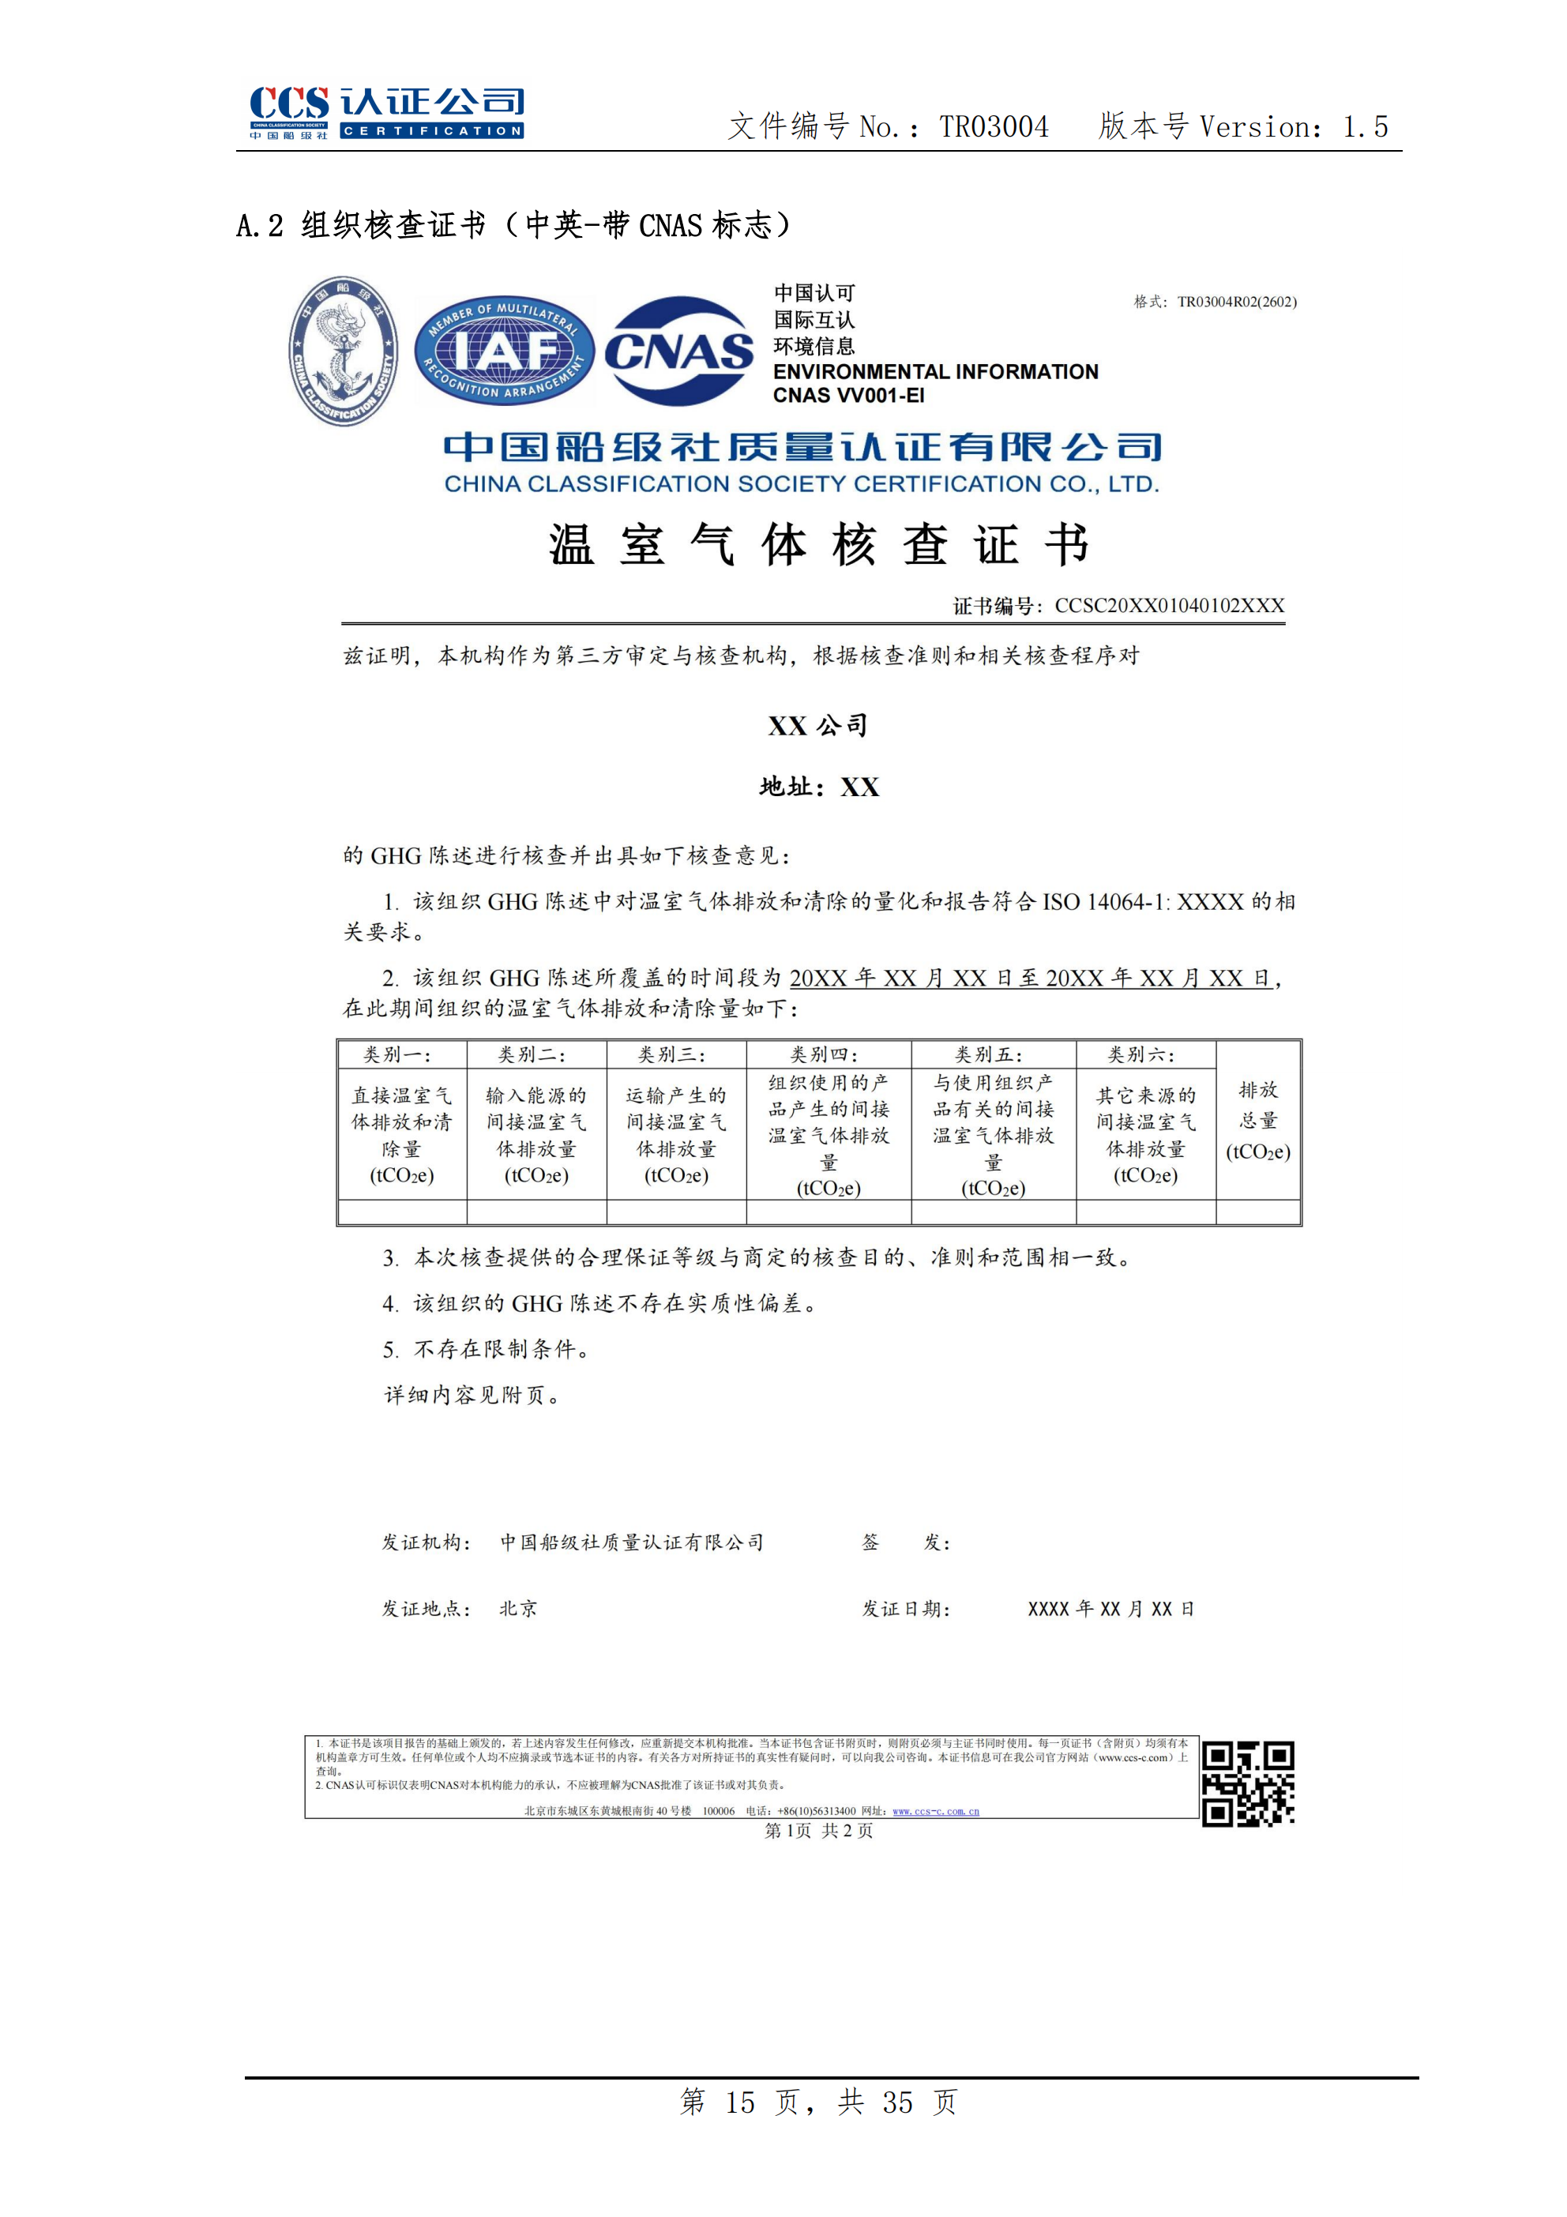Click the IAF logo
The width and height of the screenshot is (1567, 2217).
(504, 351)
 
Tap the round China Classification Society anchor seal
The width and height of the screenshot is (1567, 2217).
(343, 351)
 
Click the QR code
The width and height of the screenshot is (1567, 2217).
(1247, 1783)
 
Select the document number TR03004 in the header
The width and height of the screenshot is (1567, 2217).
(994, 126)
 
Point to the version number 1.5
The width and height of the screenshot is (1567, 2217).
(1366, 126)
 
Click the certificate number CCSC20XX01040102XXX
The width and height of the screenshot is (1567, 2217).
(1169, 606)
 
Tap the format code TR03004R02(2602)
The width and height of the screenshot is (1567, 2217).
(1237, 302)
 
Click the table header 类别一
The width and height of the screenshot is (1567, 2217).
(396, 1054)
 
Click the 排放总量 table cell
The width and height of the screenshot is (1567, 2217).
(1258, 1119)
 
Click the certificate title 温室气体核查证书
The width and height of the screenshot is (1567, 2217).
(819, 545)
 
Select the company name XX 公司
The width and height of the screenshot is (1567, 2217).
(817, 726)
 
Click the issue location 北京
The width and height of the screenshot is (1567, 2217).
(518, 1609)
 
